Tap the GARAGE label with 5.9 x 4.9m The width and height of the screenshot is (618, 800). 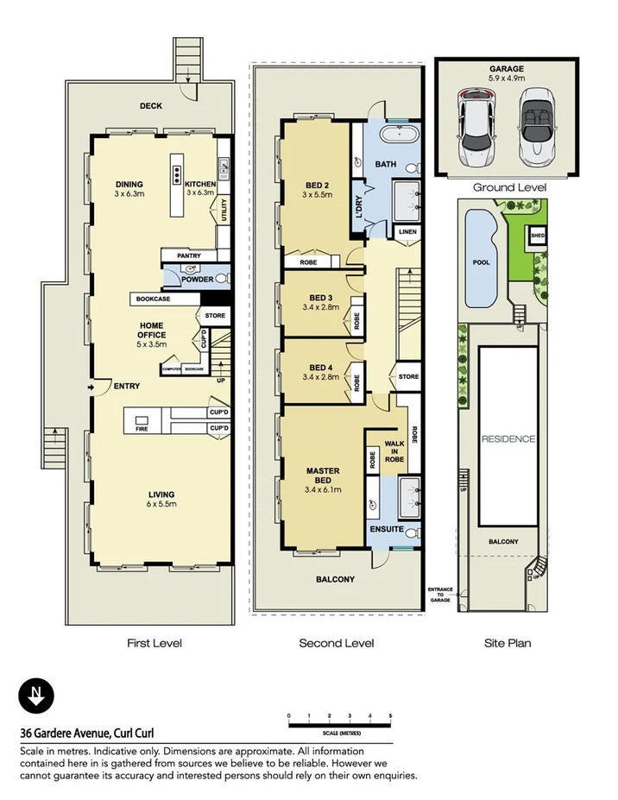(x=508, y=73)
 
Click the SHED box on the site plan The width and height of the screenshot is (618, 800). (x=538, y=235)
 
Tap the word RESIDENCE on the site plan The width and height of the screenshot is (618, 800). (x=508, y=438)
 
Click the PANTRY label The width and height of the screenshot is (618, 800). (x=188, y=256)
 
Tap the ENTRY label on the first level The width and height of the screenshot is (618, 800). (x=127, y=387)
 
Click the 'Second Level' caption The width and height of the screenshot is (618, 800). (x=336, y=643)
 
